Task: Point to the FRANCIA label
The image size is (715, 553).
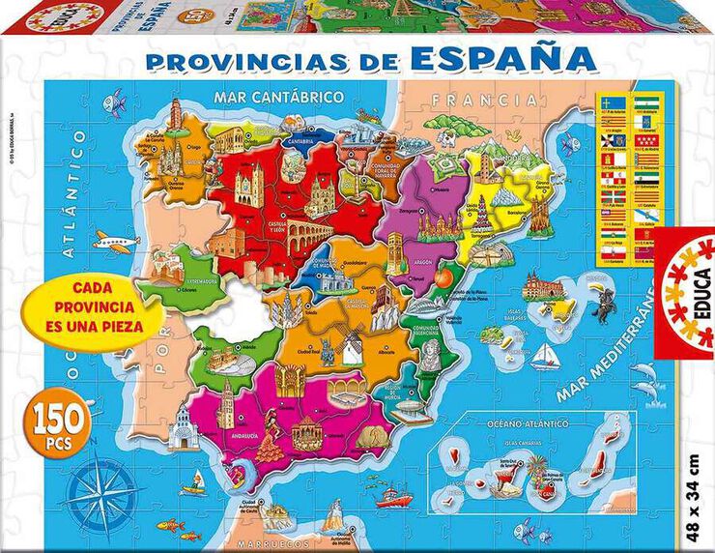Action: pos(485,99)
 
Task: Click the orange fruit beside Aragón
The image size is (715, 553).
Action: pos(443,278)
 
